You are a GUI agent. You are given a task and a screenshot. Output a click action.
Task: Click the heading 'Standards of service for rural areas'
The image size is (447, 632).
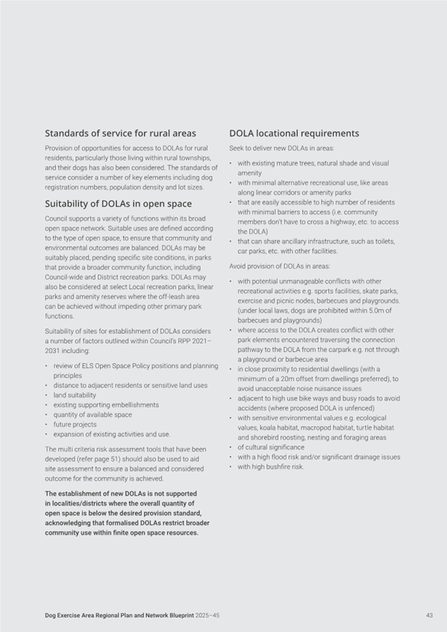click(120, 133)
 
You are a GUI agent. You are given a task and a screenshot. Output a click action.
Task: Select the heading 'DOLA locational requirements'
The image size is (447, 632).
click(294, 133)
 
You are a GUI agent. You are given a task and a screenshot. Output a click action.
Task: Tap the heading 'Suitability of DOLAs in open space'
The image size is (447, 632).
click(118, 203)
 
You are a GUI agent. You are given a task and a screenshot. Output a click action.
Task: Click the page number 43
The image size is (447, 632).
click(429, 615)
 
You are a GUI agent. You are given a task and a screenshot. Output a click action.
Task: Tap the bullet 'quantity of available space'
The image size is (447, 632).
click(92, 414)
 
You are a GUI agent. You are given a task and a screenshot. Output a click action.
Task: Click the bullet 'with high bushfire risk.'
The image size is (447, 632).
click(270, 467)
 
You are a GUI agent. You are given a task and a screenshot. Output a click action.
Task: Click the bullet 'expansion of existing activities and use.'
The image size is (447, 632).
click(111, 434)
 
